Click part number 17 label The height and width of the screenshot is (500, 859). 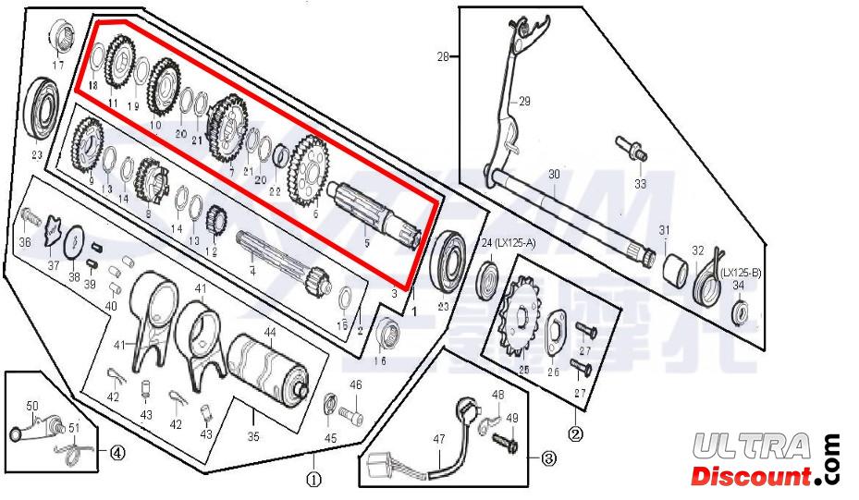[58, 65]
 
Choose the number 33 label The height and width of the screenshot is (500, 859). [641, 183]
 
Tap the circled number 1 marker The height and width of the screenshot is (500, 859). [313, 479]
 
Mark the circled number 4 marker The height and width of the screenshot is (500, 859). [117, 452]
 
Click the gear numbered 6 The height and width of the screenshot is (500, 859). [307, 171]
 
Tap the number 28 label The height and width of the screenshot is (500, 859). [442, 56]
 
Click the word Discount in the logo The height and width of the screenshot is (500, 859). [749, 477]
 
